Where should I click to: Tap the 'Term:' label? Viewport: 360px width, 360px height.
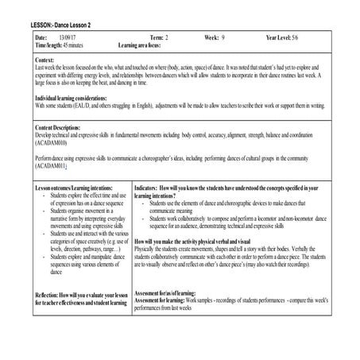click(x=157, y=38)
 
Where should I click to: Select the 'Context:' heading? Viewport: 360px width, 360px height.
click(x=49, y=60)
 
